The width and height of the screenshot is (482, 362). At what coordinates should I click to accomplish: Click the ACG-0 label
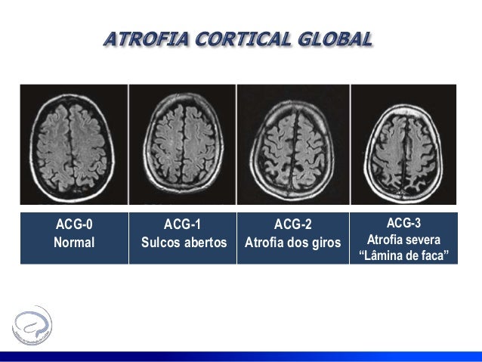[x=74, y=224]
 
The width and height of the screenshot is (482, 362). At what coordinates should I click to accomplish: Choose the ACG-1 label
[x=184, y=224]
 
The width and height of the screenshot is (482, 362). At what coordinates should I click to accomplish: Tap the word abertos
[x=206, y=243]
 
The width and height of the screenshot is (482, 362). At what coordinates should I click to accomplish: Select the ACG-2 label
[x=292, y=224]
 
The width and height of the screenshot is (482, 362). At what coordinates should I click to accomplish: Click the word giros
[x=327, y=243]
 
